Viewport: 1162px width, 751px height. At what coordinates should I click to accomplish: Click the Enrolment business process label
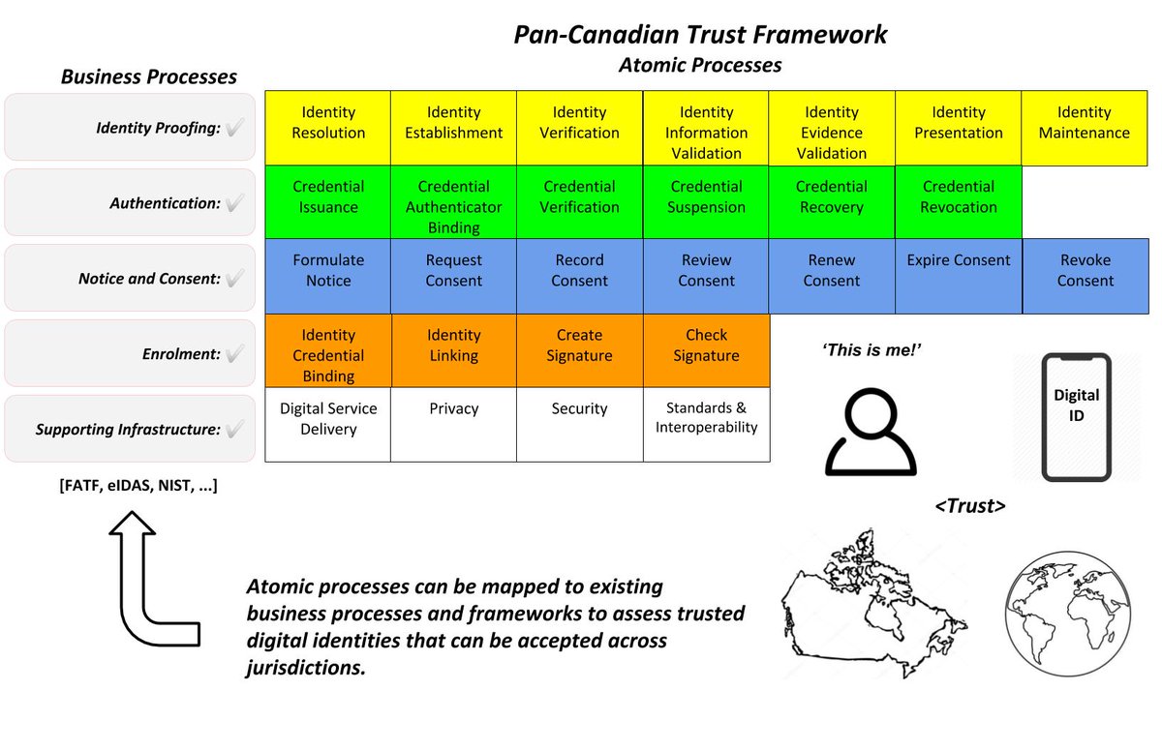point(180,354)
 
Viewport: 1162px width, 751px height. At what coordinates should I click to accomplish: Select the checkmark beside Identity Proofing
point(233,128)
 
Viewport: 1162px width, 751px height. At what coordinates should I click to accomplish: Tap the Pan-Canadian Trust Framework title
point(700,35)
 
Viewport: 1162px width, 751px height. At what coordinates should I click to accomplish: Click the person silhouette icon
point(871,434)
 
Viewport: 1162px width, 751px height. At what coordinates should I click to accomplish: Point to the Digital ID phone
point(1076,417)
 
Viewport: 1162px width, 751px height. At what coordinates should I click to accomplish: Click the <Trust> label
point(969,505)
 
